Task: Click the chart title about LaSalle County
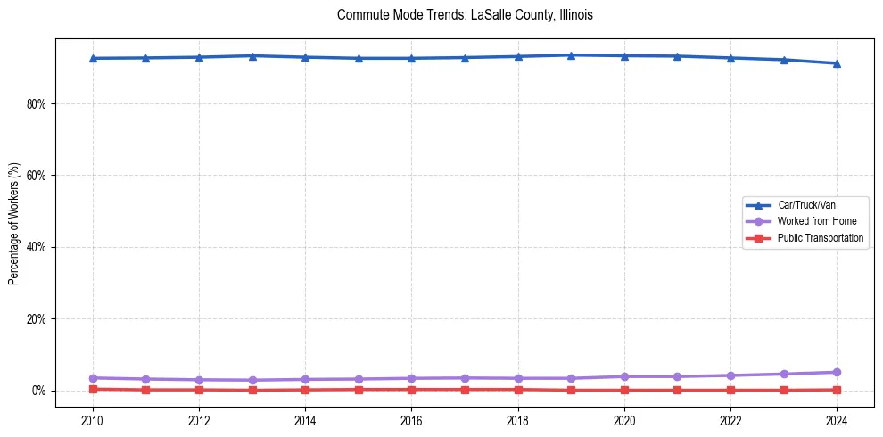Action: pos(465,15)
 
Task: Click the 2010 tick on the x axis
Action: pos(93,419)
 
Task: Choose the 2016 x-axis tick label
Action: pos(411,419)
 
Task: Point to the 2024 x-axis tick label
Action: pos(837,419)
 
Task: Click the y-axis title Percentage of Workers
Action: pos(14,223)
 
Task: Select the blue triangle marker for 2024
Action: pos(837,63)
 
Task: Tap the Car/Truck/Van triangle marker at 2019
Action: pos(571,55)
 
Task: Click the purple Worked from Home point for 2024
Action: pos(837,372)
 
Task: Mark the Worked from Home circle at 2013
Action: pos(252,380)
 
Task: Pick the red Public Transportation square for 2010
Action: pos(93,389)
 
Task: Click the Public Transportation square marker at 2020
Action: pos(624,390)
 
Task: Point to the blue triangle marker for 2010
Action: pos(93,58)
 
